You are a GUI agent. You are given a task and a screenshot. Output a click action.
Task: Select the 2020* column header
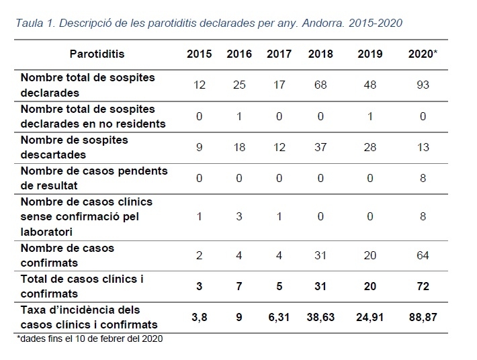click(423, 54)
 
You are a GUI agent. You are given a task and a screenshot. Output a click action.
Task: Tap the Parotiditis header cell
click(97, 54)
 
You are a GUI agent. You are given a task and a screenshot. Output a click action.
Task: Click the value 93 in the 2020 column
click(423, 85)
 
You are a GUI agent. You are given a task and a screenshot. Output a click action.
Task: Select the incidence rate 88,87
click(423, 317)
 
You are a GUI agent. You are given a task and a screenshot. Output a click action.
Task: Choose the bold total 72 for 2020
click(423, 286)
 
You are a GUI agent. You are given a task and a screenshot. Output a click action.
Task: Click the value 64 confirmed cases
click(423, 255)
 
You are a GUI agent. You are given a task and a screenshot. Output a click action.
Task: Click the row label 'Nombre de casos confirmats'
click(67, 255)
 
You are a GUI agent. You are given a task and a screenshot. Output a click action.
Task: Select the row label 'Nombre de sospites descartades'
click(74, 147)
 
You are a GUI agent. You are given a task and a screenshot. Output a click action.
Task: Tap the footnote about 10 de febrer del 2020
click(89, 339)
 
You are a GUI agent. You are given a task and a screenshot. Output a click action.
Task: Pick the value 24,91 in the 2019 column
click(370, 317)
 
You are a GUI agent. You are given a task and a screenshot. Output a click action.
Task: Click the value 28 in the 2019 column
click(370, 148)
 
